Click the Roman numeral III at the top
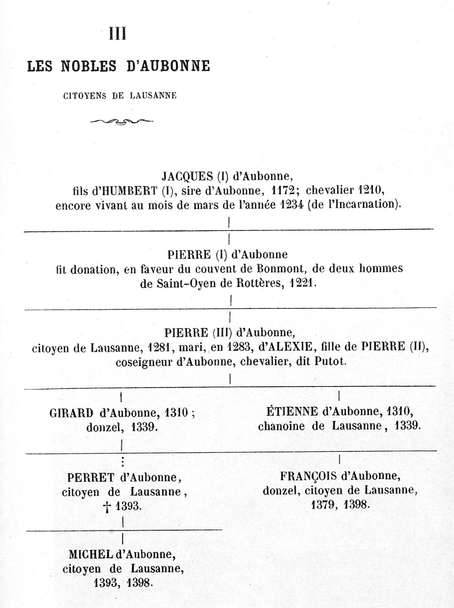pos(118,34)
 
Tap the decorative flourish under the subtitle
pos(121,121)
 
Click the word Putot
pos(330,362)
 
